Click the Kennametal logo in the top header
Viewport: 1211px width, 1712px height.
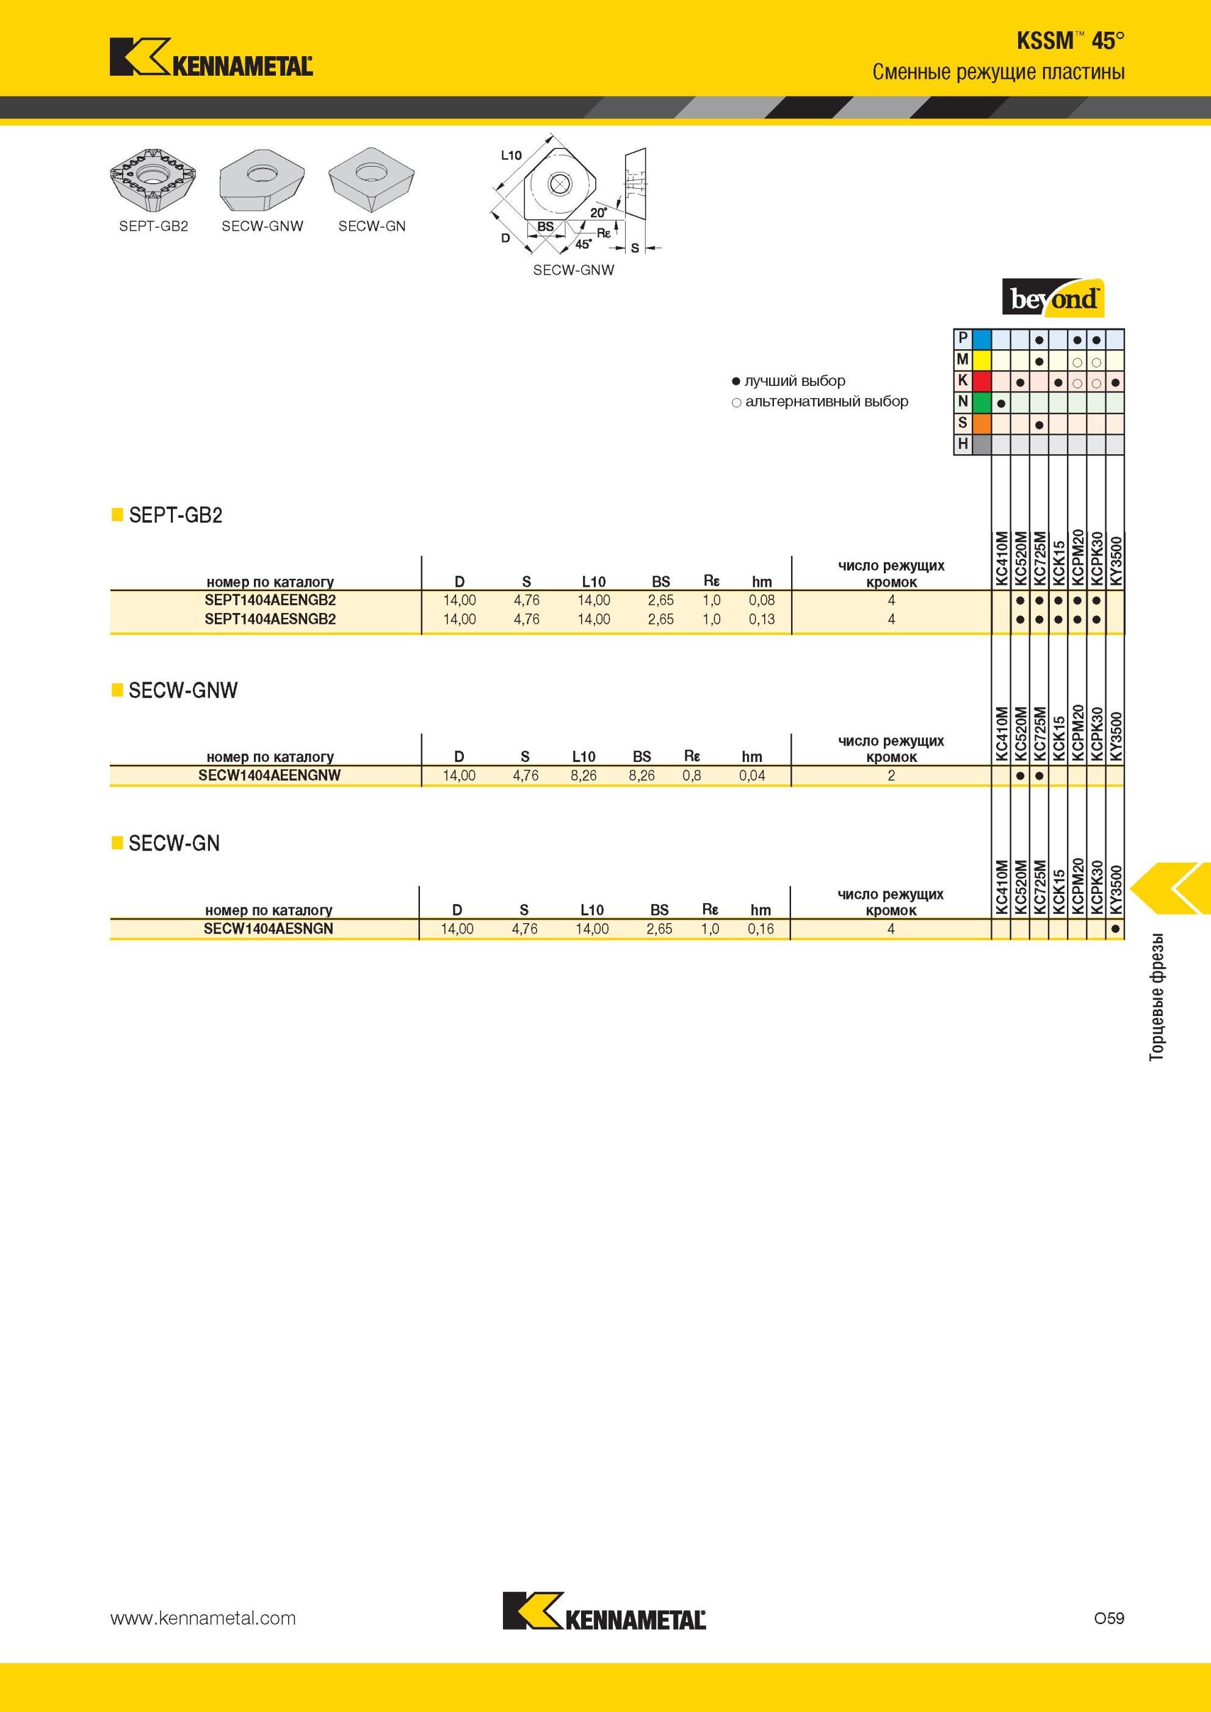[211, 57]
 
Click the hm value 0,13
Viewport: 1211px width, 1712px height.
[761, 619]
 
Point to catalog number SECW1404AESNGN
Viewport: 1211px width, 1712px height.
[269, 929]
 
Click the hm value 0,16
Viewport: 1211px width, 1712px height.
[761, 929]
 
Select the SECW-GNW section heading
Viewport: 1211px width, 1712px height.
[183, 691]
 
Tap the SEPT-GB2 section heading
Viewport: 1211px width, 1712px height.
[175, 515]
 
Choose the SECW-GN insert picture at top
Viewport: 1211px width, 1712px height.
[371, 180]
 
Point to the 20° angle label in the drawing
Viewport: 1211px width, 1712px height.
[599, 212]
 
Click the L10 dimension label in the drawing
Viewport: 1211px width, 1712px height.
[511, 155]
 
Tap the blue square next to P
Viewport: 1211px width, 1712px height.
[981, 339]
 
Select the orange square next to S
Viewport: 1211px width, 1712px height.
[981, 424]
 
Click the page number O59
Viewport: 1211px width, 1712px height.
[1109, 1618]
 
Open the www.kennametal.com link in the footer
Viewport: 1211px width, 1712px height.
[203, 1619]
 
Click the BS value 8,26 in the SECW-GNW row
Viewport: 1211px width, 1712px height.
[642, 776]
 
